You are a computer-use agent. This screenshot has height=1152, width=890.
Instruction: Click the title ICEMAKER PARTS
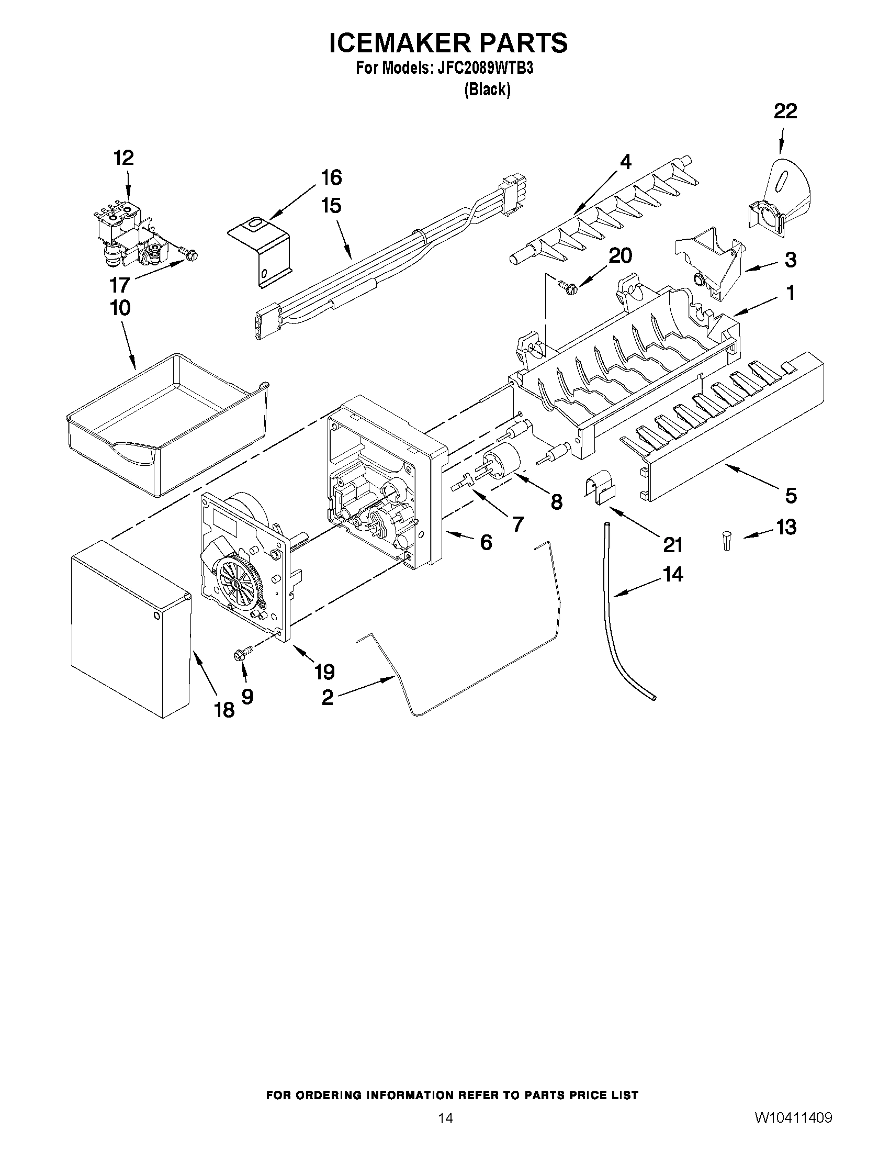(448, 43)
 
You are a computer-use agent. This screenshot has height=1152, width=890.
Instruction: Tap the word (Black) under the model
(487, 90)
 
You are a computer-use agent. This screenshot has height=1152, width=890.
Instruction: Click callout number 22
(785, 111)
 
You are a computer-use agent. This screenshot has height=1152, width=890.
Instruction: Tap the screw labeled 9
(238, 655)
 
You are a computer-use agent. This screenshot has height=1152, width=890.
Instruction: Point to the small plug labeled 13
(727, 541)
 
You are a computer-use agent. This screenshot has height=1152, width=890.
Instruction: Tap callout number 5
(791, 495)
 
